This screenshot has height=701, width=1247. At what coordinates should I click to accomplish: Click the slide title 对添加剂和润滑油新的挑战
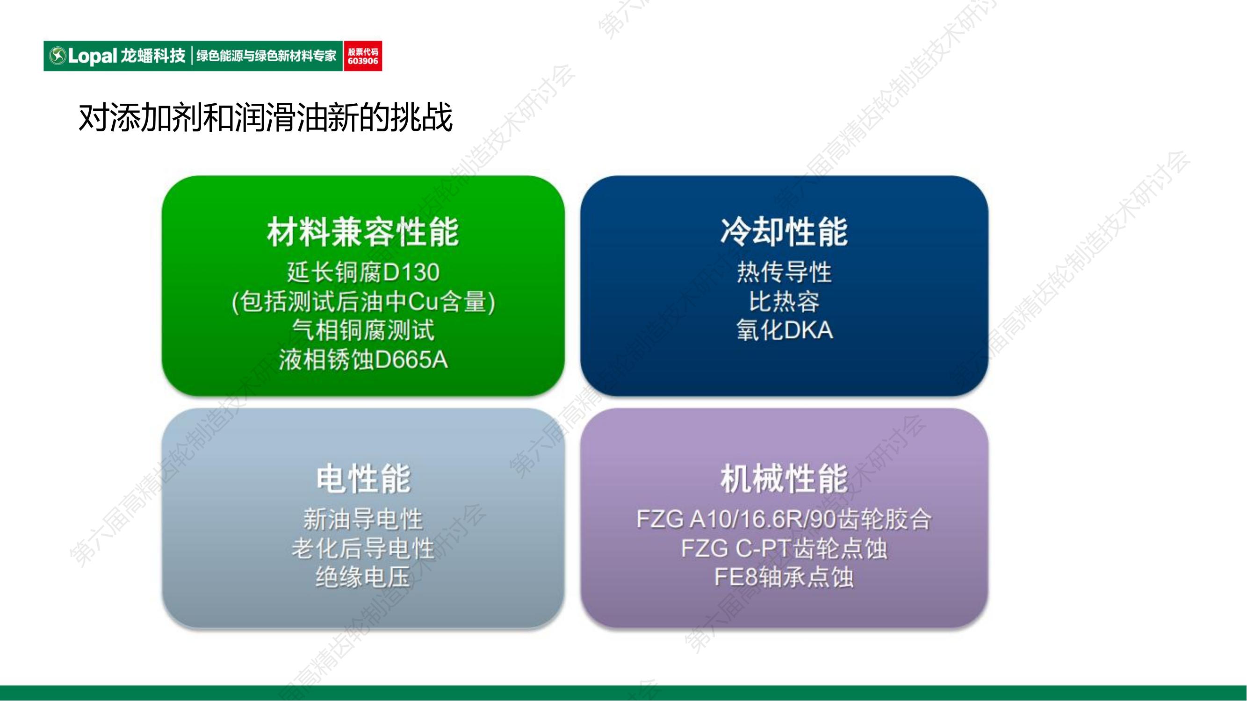pyautogui.click(x=265, y=118)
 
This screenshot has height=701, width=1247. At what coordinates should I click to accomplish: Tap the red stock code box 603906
pyautogui.click(x=362, y=56)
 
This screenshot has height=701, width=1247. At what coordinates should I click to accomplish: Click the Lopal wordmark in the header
pyautogui.click(x=93, y=56)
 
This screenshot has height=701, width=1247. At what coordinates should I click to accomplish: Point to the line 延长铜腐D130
pyautogui.click(x=363, y=272)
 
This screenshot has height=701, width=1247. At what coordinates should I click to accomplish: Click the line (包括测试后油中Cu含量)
pyautogui.click(x=363, y=302)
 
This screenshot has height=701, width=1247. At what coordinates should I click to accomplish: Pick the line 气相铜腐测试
pyautogui.click(x=363, y=330)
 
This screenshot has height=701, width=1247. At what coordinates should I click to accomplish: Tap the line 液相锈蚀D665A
pyautogui.click(x=363, y=359)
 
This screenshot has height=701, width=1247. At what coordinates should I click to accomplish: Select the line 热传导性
pyautogui.click(x=784, y=272)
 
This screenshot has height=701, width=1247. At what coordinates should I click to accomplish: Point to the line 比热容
pyautogui.click(x=784, y=302)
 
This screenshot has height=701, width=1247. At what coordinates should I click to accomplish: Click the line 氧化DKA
pyautogui.click(x=784, y=330)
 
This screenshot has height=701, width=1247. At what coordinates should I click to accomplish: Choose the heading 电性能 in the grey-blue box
pyautogui.click(x=363, y=479)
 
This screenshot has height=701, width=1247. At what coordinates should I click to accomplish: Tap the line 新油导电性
pyautogui.click(x=363, y=519)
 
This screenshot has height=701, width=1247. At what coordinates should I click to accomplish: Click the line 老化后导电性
pyautogui.click(x=363, y=549)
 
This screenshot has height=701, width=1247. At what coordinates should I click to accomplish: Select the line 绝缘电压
pyautogui.click(x=363, y=577)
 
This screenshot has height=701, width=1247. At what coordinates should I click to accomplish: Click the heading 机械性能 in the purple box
pyautogui.click(x=784, y=479)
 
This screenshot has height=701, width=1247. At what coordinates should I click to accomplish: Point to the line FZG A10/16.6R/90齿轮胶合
pyautogui.click(x=784, y=519)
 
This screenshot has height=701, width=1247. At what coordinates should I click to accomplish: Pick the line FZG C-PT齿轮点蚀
pyautogui.click(x=784, y=549)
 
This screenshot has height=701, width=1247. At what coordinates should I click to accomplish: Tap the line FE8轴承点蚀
pyautogui.click(x=784, y=577)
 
